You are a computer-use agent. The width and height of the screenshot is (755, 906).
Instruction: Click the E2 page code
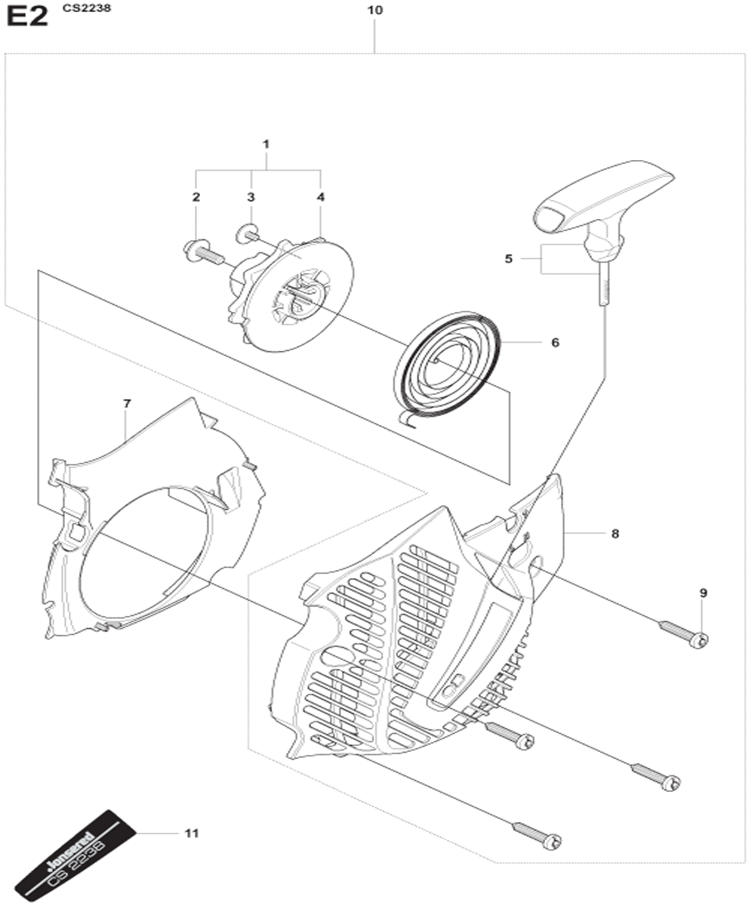coord(27,18)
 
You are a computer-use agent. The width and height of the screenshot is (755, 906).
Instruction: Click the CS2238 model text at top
coord(87,8)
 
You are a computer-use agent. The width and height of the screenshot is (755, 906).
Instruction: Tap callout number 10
coord(375,11)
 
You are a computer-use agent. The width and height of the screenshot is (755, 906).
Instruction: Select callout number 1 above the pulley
coord(266,143)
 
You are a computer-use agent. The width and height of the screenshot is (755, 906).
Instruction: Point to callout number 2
coord(196,197)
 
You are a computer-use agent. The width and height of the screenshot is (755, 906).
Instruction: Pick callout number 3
coord(251,197)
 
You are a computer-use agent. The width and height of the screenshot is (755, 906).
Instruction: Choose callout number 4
coord(320,197)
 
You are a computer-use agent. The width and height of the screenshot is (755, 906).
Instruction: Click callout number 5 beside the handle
coord(509,259)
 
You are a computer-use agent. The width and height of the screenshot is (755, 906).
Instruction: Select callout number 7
coord(126,403)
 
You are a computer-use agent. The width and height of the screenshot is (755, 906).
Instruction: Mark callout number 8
coord(615,534)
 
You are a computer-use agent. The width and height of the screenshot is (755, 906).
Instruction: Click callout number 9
coord(704,593)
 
